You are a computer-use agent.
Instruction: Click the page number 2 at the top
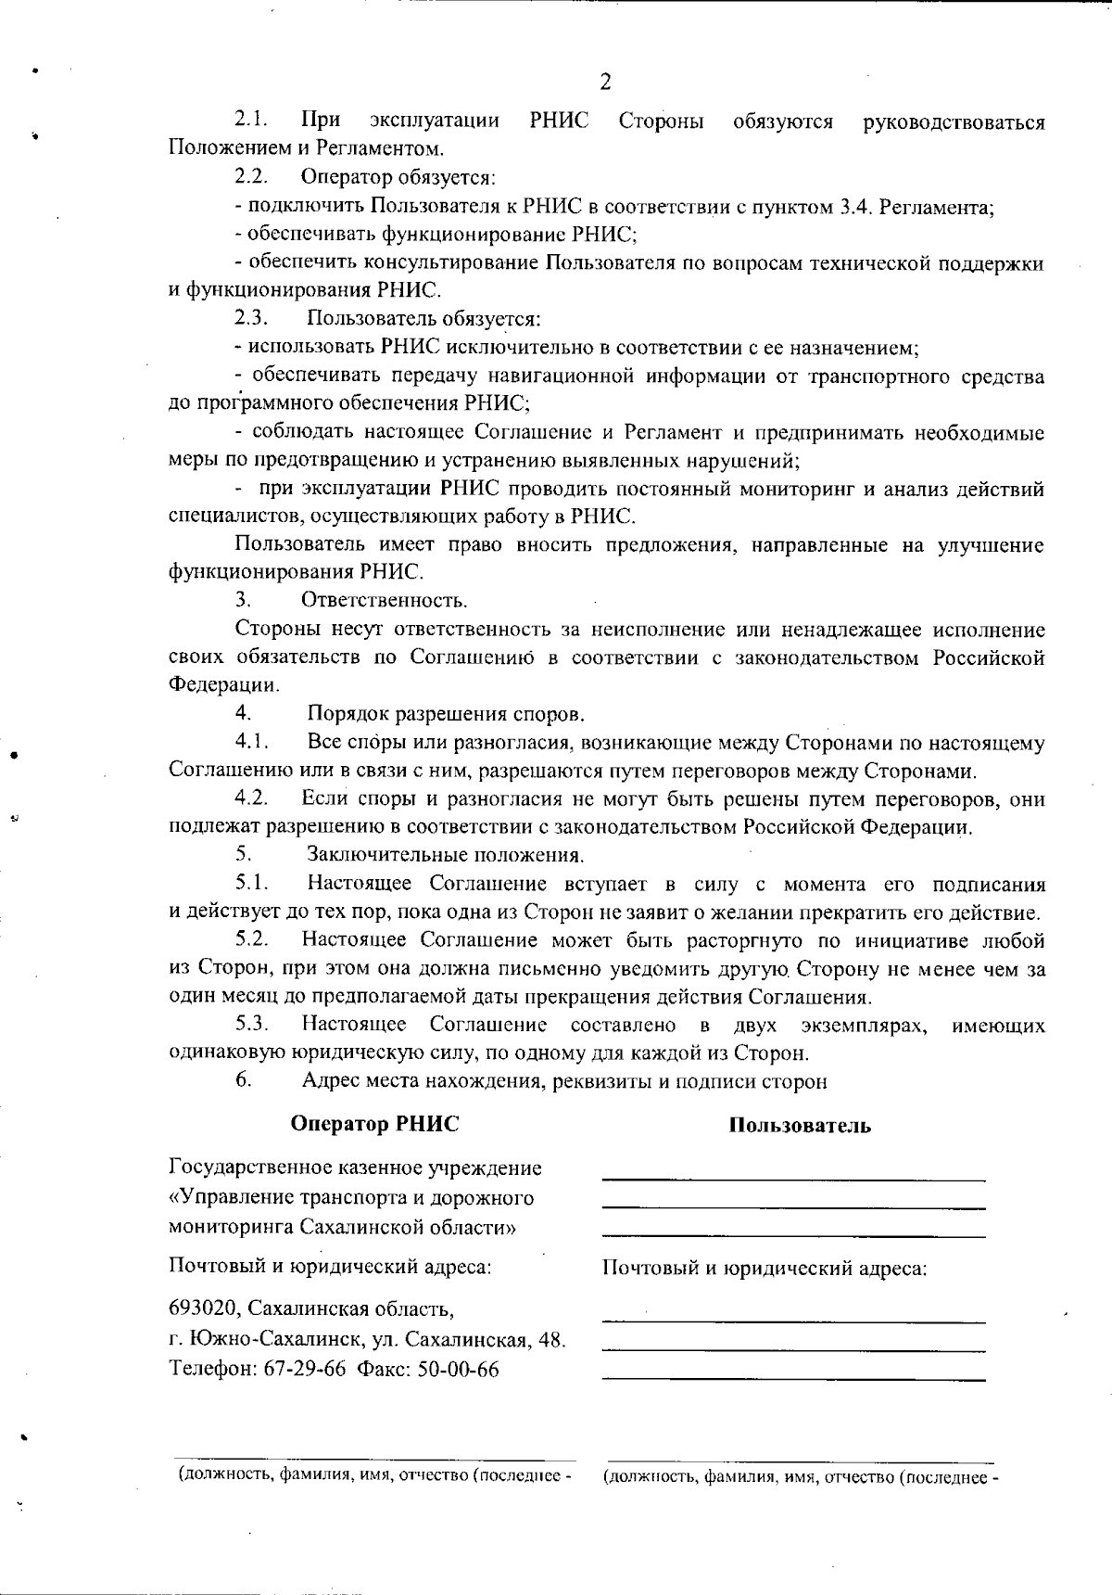605,82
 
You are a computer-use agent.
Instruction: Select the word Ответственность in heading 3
384,601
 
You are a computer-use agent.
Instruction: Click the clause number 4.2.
251,798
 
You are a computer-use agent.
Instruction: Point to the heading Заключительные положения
445,855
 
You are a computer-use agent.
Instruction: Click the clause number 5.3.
251,1025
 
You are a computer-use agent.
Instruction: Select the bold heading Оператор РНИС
374,1124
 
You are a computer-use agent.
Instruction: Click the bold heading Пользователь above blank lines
799,1126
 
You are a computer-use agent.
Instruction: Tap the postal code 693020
205,1309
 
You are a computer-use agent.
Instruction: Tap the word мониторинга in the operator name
231,1227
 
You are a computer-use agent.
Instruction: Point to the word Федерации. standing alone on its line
223,685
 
